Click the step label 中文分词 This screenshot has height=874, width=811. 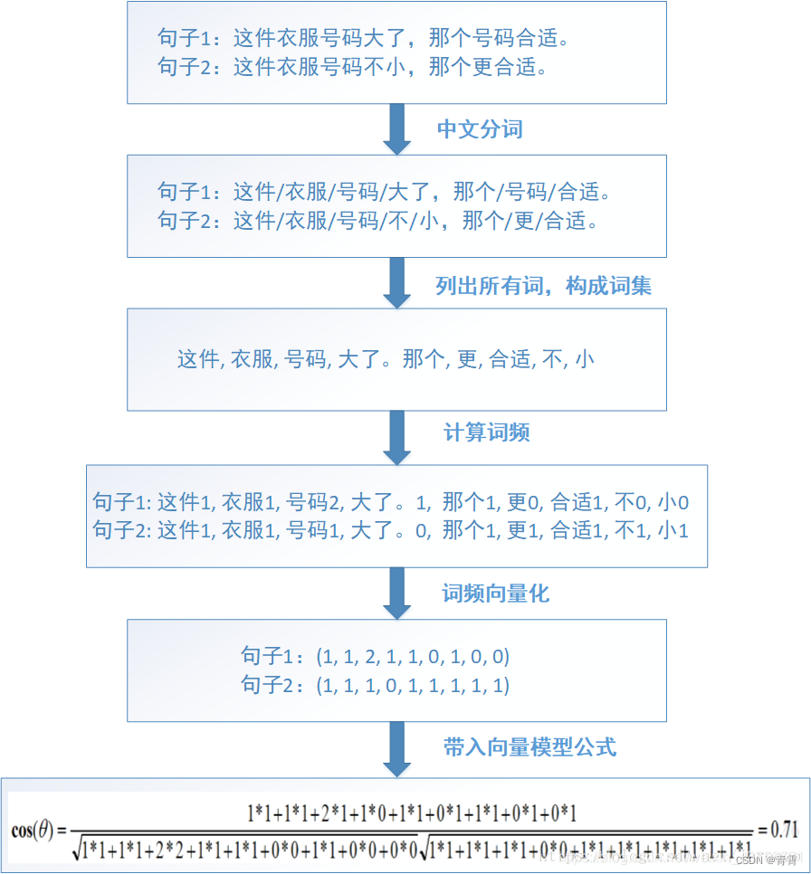[480, 128]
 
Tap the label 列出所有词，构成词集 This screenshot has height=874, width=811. [543, 286]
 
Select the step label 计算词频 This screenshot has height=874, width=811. [487, 432]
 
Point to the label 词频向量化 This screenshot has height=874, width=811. [495, 594]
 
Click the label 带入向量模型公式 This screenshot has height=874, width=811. [530, 747]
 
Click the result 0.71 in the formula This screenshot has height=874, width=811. [783, 829]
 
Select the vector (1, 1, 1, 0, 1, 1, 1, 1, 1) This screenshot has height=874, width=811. [413, 686]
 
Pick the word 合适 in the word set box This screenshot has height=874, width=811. [510, 359]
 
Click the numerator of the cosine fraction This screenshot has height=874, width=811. [412, 812]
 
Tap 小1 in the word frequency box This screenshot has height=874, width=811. [673, 530]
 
